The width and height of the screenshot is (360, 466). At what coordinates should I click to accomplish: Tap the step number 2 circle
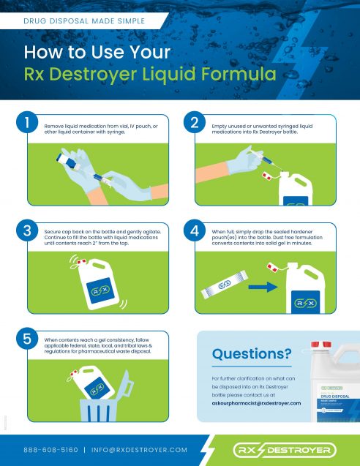click(x=195, y=126)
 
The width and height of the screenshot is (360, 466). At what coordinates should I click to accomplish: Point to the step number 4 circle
click(x=195, y=232)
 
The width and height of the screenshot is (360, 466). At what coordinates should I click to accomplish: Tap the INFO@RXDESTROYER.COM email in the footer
click(x=140, y=449)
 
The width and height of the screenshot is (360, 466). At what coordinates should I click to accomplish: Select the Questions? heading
click(x=242, y=355)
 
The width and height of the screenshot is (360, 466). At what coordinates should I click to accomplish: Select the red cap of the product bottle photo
click(x=320, y=345)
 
